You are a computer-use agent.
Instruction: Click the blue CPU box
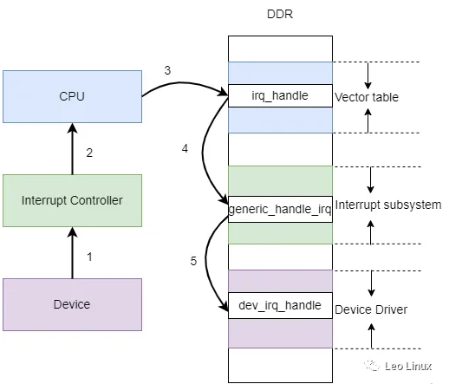[73, 97]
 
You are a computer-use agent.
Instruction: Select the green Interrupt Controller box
[73, 200]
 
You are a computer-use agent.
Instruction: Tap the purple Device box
[73, 303]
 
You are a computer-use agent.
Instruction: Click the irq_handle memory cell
[280, 95]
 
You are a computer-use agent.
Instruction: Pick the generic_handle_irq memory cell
[280, 210]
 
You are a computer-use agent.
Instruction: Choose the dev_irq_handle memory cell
[280, 305]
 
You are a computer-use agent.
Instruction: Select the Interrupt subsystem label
[387, 205]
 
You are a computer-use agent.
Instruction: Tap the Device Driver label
[372, 309]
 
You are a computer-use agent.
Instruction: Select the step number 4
[185, 149]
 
